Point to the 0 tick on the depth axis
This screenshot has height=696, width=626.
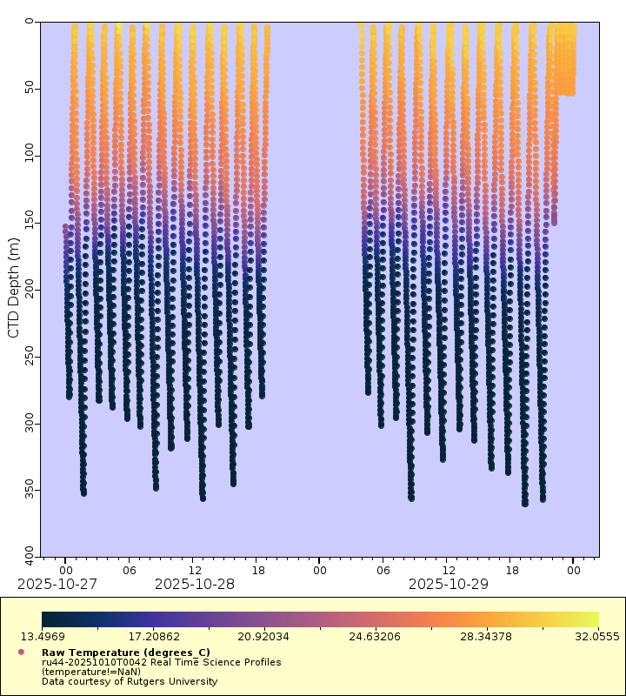(x=30, y=22)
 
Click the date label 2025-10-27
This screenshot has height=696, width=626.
(x=57, y=584)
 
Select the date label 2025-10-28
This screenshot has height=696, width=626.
(x=194, y=584)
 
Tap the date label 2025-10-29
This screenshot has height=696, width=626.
(x=448, y=584)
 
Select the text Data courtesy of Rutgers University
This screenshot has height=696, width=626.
(x=130, y=681)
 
